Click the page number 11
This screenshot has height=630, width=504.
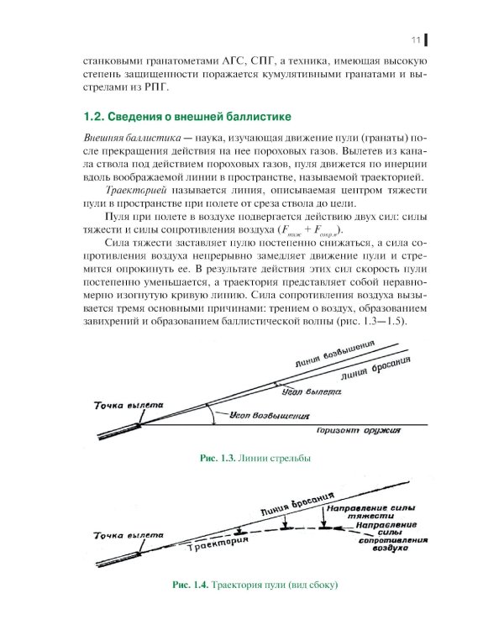(x=415, y=40)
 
